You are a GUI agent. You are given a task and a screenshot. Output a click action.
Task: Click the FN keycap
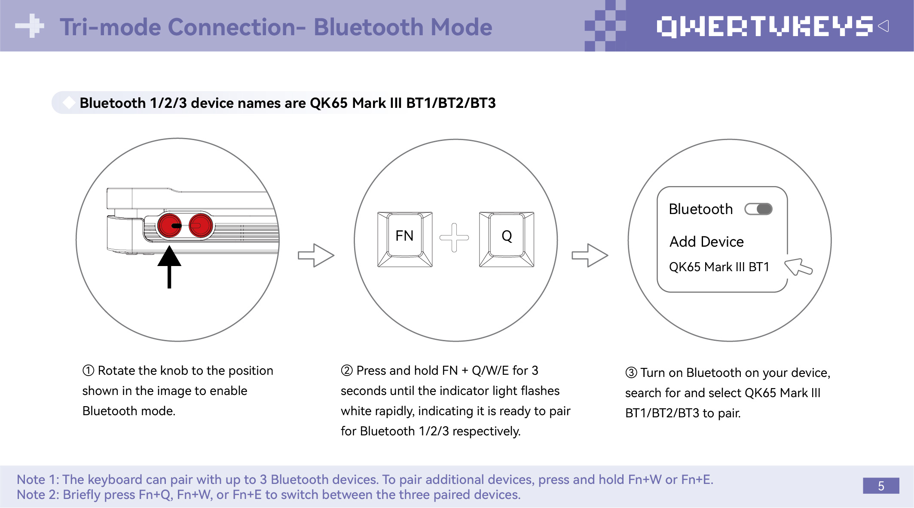405,239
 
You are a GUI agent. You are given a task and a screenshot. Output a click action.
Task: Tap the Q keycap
507,239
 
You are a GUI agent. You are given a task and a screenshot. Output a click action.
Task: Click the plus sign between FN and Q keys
454,237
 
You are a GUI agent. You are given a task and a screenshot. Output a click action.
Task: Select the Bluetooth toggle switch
758,209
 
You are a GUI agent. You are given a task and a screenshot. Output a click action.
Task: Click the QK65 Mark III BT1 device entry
719,267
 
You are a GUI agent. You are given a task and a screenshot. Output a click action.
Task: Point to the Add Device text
706,242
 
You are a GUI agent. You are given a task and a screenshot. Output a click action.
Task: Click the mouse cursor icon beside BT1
798,267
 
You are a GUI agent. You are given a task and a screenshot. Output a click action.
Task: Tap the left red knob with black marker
170,225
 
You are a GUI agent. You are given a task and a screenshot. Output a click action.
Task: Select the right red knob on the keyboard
200,225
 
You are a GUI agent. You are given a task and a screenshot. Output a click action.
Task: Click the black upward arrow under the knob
169,266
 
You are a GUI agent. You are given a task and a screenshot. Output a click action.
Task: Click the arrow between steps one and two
316,255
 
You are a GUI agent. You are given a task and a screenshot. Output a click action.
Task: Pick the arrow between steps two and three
590,255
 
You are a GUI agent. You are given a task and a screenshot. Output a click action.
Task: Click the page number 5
881,486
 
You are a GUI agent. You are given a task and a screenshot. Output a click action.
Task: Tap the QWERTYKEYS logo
765,27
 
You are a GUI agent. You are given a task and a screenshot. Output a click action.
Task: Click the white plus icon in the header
30,26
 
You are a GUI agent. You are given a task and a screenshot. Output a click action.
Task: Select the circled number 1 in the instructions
88,370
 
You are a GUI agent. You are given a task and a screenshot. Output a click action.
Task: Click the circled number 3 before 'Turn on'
631,373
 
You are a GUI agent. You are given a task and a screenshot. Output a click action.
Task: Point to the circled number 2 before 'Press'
347,370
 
